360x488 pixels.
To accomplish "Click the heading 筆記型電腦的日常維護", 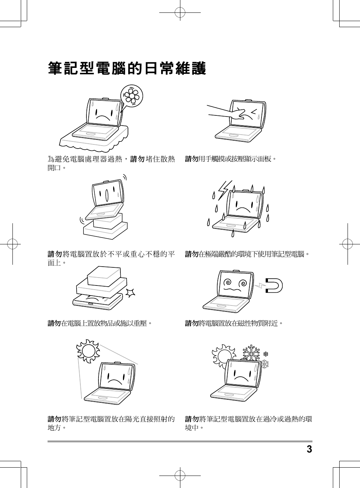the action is (127, 68).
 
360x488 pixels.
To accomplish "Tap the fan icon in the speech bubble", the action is (132, 96).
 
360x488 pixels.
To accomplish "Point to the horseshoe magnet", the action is (274, 285).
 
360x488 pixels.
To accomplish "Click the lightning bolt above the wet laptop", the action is (225, 190).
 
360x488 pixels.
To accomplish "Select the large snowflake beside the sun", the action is (252, 352).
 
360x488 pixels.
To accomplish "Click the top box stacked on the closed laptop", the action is (104, 276).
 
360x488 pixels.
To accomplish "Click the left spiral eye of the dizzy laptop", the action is (228, 283).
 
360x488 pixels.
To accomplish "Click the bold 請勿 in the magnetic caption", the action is (191, 323).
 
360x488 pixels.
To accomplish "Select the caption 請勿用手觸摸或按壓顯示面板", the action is (231, 159).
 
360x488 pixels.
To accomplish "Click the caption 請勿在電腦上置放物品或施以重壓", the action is (100, 323).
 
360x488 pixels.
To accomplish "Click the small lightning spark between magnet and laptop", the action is (260, 285).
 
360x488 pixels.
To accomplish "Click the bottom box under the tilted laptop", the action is (105, 231).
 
